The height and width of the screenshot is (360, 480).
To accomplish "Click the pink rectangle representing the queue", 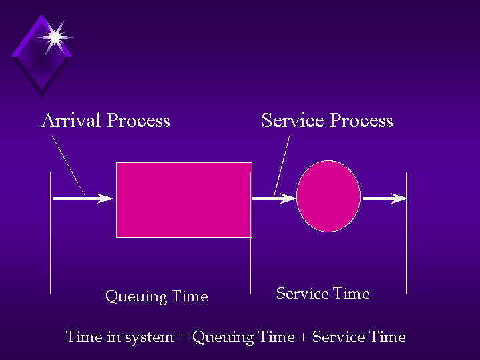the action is [x=184, y=200].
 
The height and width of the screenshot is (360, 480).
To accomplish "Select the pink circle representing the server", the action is [x=328, y=196].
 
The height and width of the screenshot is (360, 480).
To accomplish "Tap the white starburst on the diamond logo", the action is [x=55, y=37].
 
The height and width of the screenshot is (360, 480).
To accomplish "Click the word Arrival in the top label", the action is [x=71, y=120].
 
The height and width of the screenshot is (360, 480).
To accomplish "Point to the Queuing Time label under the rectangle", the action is [x=157, y=297].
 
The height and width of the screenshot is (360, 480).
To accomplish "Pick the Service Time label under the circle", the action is [x=322, y=293].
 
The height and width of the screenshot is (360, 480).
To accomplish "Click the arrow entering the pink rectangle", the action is [x=83, y=198].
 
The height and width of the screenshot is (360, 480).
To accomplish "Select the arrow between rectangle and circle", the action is [x=274, y=198].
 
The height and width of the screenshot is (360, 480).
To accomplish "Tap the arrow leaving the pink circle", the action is [x=385, y=198].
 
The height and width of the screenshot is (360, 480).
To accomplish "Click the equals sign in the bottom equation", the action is [x=183, y=337].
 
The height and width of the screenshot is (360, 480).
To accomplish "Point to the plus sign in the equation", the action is [x=303, y=337].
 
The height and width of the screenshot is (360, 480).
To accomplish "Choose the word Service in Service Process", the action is [x=293, y=120].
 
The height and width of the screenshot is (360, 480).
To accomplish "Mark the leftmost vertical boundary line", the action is [x=51, y=233].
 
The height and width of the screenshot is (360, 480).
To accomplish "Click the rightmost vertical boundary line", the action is [x=406, y=233].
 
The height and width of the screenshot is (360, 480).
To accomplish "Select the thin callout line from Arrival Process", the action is [x=69, y=166].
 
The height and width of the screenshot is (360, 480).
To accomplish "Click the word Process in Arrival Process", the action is [x=138, y=120].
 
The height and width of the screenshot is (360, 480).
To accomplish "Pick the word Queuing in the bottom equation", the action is [x=223, y=337].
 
